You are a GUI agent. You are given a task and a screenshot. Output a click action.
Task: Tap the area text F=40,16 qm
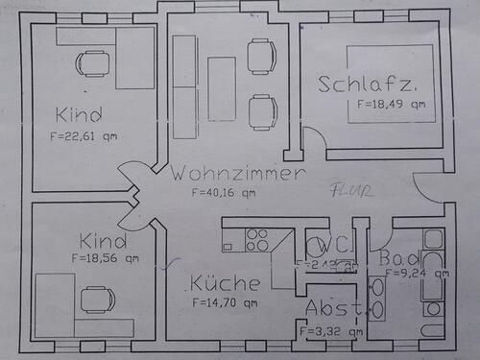coord(224,192)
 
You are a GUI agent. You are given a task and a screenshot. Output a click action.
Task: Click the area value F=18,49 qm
coord(390,103)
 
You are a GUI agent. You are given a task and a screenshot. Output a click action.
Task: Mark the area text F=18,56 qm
coord(105,257)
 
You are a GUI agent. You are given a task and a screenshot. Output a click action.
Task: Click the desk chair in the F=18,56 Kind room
coord(97,300)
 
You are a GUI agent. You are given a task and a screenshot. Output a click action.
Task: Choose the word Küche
coord(224,284)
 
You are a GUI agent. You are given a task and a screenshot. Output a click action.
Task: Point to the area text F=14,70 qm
coord(223,303)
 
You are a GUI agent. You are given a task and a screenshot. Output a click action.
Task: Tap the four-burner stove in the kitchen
coord(256,240)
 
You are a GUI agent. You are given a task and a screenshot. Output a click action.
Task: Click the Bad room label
coord(397,258)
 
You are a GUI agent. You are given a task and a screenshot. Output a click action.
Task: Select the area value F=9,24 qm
coord(417,273)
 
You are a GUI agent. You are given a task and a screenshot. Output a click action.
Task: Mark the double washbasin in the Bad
coord(376,297)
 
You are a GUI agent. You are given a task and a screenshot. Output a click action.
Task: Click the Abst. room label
coord(335,309)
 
